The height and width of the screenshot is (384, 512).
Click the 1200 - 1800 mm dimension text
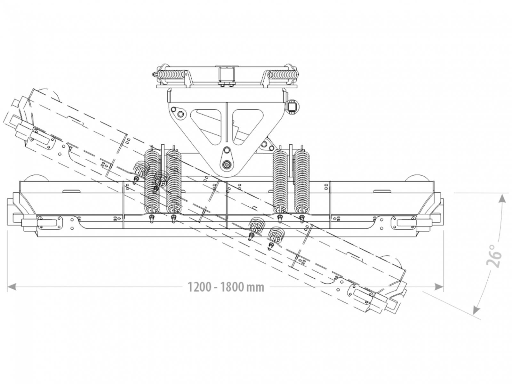pos(226,287)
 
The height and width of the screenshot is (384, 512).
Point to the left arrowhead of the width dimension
pos(12,287)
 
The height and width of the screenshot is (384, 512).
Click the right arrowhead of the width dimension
pos(439,287)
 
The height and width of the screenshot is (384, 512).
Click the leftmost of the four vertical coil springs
pos(153,181)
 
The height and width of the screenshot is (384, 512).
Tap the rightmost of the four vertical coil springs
pos(302,181)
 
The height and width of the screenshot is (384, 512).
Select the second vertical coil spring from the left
pos(174,181)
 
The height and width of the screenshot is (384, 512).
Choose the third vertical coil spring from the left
pos(281,181)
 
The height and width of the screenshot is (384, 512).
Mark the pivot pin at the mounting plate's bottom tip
pos(227,164)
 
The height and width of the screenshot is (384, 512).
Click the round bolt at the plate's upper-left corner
pos(180,114)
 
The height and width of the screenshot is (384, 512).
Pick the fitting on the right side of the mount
pos(292,106)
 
